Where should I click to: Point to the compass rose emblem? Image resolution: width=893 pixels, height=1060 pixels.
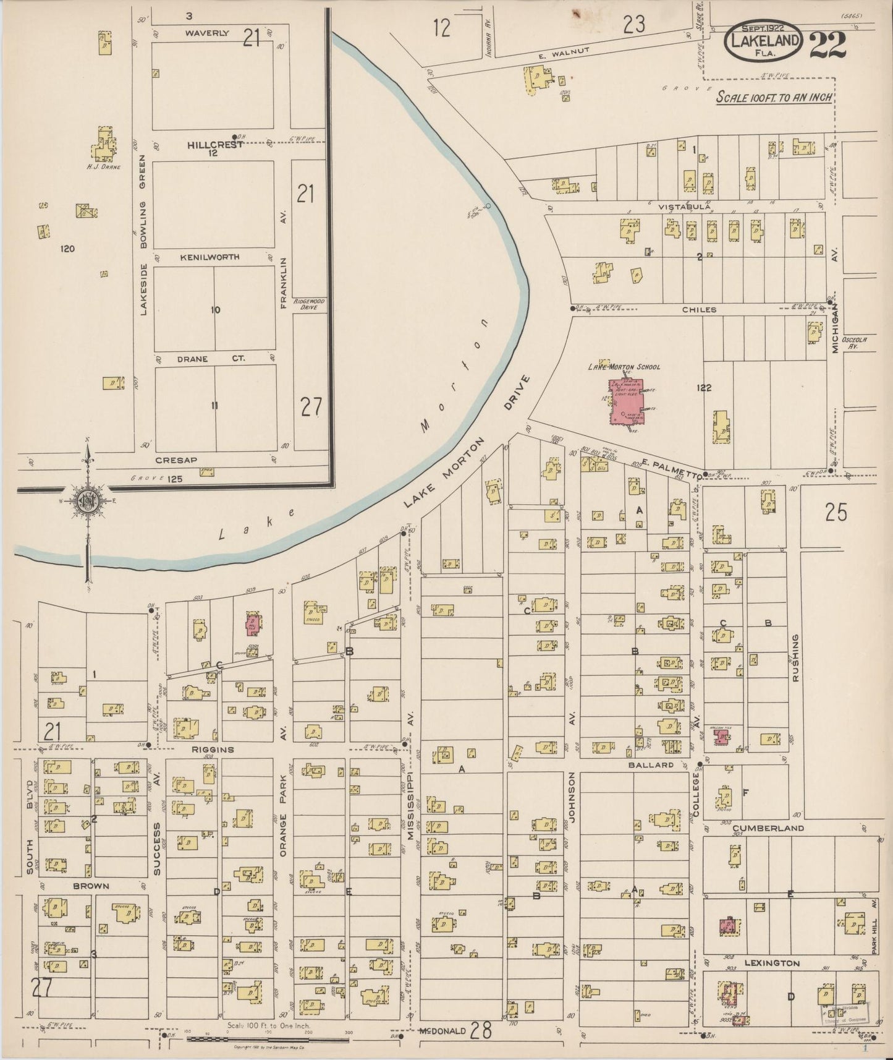87,502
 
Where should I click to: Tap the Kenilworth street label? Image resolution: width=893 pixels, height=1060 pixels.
209,257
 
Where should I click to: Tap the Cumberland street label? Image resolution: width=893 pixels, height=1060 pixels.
768,827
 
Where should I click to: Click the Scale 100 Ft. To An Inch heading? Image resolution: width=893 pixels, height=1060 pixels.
774,98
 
